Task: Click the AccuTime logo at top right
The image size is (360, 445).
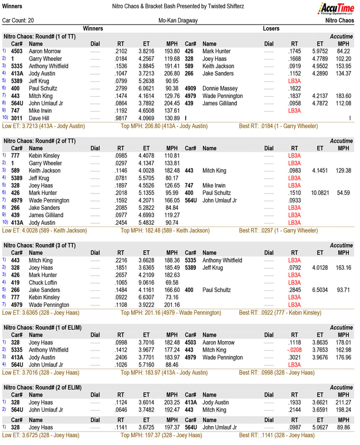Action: (336, 8)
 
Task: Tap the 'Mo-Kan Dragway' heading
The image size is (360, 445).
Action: (179, 20)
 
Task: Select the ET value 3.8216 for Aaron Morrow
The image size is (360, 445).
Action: (146, 51)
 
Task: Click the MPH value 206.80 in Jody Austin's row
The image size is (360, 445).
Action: (172, 73)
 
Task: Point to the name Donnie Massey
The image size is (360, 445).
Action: (220, 88)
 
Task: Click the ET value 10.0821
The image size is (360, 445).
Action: (320, 192)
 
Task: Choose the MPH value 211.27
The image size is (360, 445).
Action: (343, 402)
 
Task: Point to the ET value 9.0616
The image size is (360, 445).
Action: (146, 283)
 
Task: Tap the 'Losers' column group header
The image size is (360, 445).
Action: (271, 28)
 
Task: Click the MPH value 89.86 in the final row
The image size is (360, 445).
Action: (343, 427)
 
